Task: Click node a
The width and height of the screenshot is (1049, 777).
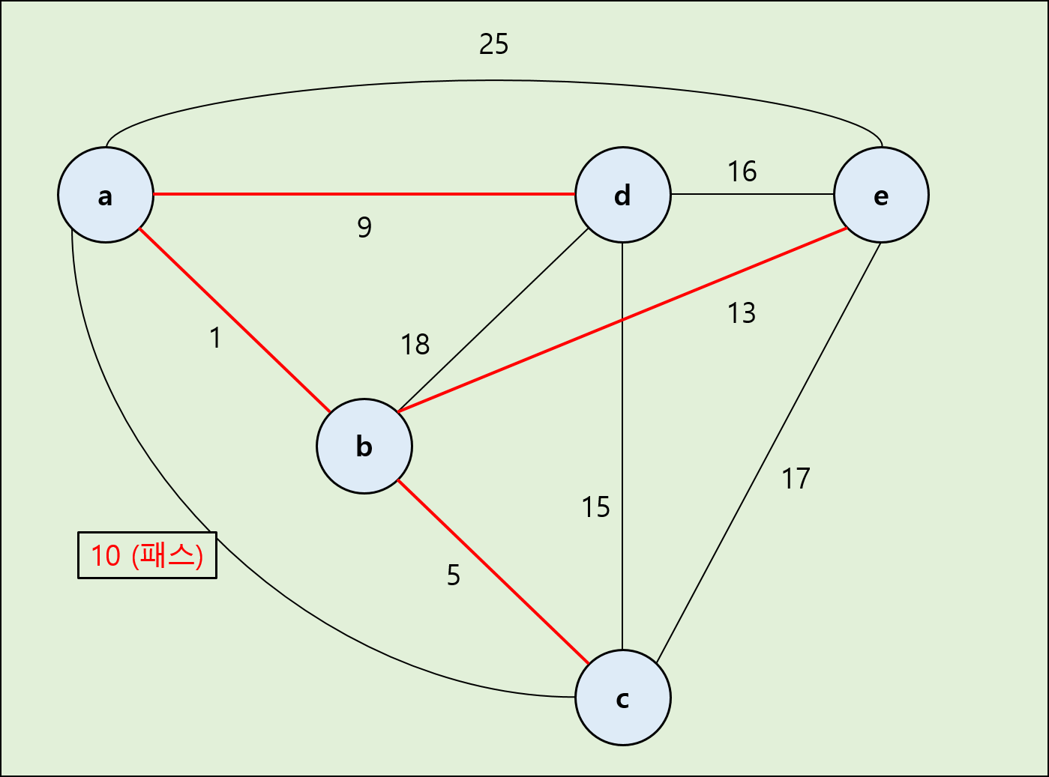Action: pyautogui.click(x=106, y=195)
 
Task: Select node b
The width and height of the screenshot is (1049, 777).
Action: pyautogui.click(x=364, y=446)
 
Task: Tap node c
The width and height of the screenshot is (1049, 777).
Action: pyautogui.click(x=622, y=698)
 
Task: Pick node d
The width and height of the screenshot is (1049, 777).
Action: pyautogui.click(x=622, y=195)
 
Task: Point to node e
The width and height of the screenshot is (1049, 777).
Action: pyautogui.click(x=881, y=195)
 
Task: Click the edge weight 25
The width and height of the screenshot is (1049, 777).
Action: pyautogui.click(x=493, y=44)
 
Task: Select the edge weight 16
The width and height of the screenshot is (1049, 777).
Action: pyautogui.click(x=742, y=172)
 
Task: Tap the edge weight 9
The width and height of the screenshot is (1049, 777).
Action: pyautogui.click(x=364, y=226)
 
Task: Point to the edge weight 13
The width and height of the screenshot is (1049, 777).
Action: pyautogui.click(x=741, y=313)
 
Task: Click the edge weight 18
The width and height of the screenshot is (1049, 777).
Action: pyautogui.click(x=415, y=345)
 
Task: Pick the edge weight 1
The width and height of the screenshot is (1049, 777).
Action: pyautogui.click(x=216, y=338)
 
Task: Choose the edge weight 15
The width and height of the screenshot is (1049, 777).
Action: pyautogui.click(x=596, y=507)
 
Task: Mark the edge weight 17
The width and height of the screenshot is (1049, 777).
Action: pyautogui.click(x=796, y=479)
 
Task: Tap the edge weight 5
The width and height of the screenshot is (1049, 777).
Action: pyautogui.click(x=454, y=575)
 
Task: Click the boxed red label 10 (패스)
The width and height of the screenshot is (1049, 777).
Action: pyautogui.click(x=147, y=555)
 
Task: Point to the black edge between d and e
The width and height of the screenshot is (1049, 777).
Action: pyautogui.click(x=752, y=194)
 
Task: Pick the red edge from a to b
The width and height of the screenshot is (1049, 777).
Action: pyautogui.click(x=235, y=320)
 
